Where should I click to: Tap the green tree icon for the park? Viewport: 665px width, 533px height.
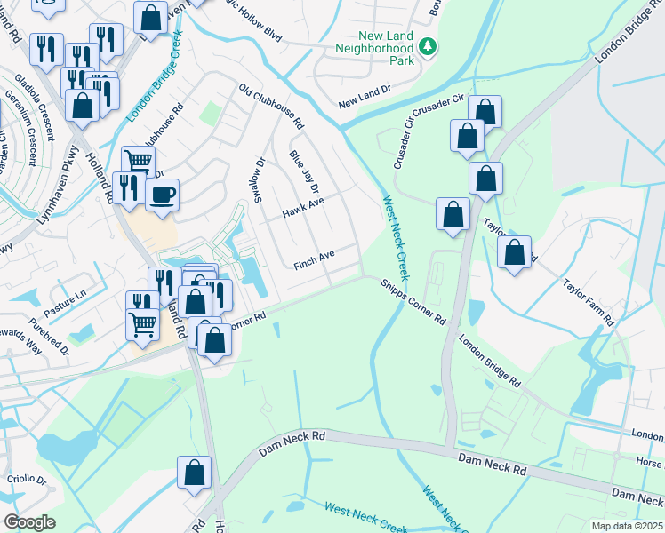429,44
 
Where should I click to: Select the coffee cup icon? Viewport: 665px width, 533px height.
162,195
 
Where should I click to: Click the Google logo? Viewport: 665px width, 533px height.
30,522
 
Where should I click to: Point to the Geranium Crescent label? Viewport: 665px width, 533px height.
22,128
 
